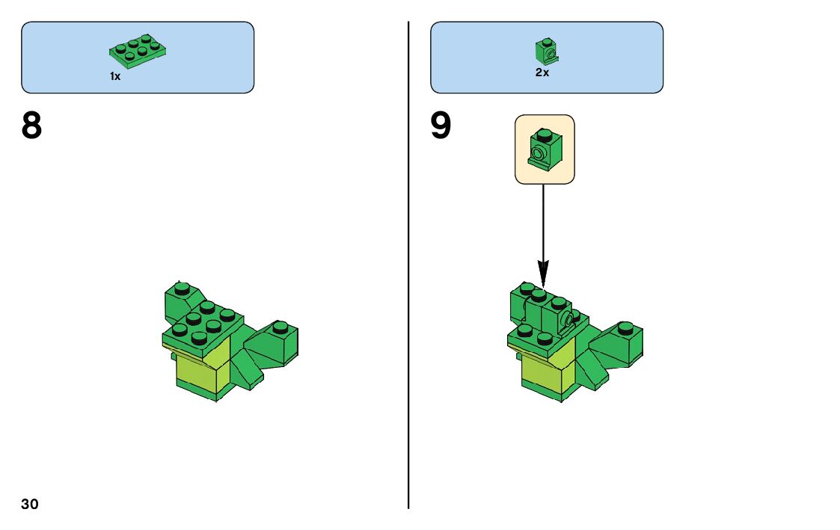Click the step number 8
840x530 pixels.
pyautogui.click(x=32, y=126)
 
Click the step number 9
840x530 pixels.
pyautogui.click(x=441, y=126)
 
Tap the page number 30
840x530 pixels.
pyautogui.click(x=30, y=504)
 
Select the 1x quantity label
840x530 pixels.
pyautogui.click(x=115, y=76)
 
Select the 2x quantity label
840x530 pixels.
pyautogui.click(x=542, y=73)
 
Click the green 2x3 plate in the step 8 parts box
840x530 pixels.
pyautogui.click(x=138, y=48)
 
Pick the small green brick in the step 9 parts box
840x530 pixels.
pyautogui.click(x=547, y=50)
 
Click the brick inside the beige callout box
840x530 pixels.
pyautogui.click(x=544, y=147)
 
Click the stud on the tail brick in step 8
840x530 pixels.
pyautogui.click(x=280, y=327)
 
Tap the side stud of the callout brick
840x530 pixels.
pyautogui.click(x=536, y=155)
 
